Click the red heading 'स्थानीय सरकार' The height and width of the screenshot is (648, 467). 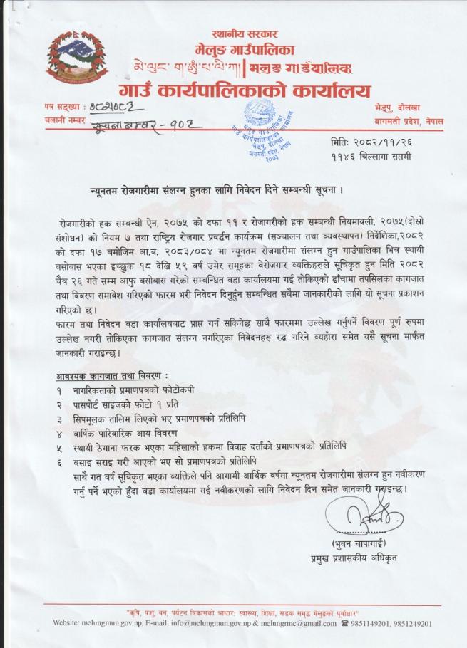[244, 34]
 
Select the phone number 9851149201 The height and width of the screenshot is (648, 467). [377, 623]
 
